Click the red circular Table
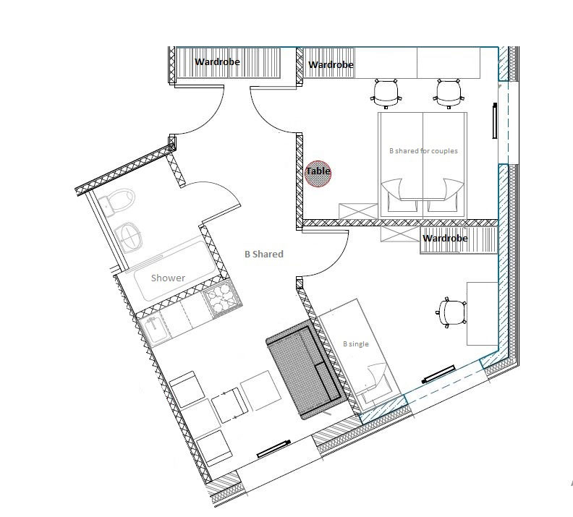pos(318,174)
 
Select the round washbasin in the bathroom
pos(128,237)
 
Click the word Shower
pos(168,278)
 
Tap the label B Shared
pos(264,254)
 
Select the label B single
pos(355,344)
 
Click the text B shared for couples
pos(423,151)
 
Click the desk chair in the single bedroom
pos(451,313)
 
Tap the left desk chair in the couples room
pos(386,93)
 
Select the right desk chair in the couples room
pos(449,93)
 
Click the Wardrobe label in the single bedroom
pos(445,239)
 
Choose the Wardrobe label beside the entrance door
pos(217,61)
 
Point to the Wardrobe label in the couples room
pos(331,64)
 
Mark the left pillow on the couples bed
pos(402,205)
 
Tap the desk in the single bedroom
pos(483,313)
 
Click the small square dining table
pos(230,405)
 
